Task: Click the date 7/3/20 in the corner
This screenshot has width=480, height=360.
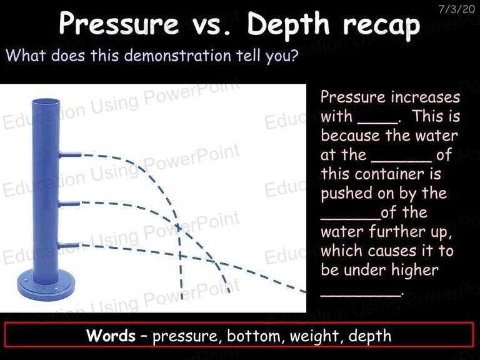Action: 456,9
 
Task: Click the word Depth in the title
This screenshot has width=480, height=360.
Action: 288,24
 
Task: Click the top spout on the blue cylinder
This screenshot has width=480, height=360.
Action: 70,154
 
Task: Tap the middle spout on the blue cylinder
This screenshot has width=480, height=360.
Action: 69,204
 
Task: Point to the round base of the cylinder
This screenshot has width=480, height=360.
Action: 46,286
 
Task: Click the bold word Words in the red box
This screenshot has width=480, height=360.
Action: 111,335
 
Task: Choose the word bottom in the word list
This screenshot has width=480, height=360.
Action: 254,336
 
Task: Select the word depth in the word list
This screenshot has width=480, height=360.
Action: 370,336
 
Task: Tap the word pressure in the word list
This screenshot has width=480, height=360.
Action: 185,337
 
